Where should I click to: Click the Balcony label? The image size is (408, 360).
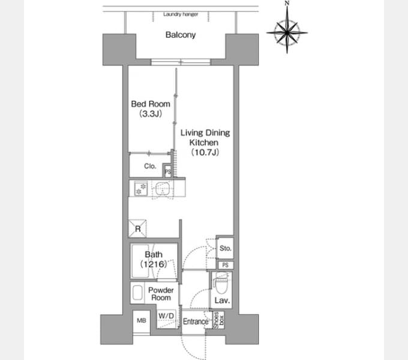point(181,35)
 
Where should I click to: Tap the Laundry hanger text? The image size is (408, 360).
point(181,14)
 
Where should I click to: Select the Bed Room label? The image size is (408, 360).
point(151,104)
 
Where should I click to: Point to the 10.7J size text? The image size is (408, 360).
point(205,152)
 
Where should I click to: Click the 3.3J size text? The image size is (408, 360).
point(151,113)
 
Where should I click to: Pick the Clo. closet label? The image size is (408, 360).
point(150,166)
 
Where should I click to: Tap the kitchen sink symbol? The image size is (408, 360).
point(163,188)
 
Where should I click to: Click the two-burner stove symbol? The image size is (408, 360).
point(141,188)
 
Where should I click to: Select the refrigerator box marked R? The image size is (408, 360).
point(137,229)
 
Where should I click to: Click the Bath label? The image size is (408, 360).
point(154,254)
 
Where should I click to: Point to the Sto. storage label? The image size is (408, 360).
point(226,248)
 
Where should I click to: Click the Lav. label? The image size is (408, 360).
point(222,301)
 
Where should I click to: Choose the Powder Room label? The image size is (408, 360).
point(161,294)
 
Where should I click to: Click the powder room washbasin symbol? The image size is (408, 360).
point(137,293)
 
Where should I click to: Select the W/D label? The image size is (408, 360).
point(166,316)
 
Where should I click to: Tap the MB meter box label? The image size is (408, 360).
point(141,320)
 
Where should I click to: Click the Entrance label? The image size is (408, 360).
point(196,322)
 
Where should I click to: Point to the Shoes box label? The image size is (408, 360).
point(218,320)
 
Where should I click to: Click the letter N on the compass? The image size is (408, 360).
point(287,3)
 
